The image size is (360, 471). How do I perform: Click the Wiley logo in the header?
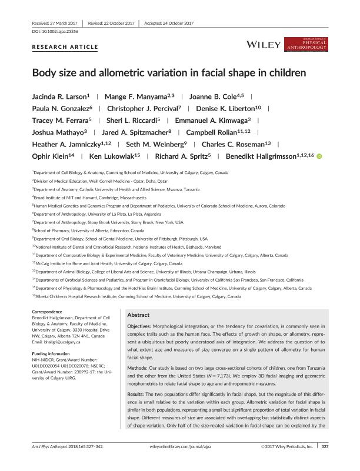[262, 44]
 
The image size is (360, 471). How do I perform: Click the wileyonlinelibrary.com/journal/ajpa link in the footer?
[180, 463]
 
